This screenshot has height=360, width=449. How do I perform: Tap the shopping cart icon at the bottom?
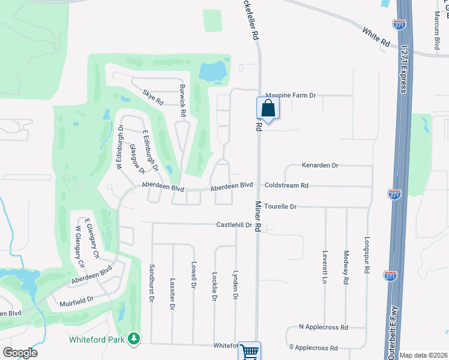249,351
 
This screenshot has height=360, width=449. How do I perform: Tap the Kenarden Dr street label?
320,165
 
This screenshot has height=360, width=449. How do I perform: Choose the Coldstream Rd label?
286,186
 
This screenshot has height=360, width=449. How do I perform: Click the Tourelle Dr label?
280,206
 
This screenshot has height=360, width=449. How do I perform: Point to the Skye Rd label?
153,97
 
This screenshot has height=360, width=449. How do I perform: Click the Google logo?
20,353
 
